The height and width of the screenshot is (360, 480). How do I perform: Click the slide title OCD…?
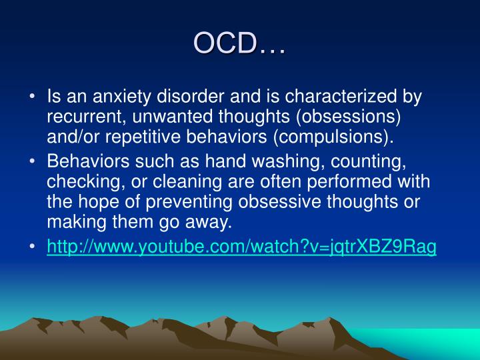coord(239,43)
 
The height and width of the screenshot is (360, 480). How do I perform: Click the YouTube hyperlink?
coord(241,247)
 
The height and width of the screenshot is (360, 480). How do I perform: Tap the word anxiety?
coord(122,97)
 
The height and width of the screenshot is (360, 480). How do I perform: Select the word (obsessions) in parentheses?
coord(349,117)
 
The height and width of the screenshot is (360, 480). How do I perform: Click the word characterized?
coord(341,96)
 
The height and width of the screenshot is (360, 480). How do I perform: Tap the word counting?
coord(369,162)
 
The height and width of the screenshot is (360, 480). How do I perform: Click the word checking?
coord(86,182)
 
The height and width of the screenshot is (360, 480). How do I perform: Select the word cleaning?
coord(187,182)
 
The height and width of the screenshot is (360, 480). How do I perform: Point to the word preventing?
coord(189,203)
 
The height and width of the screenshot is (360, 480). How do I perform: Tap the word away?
coord(209,223)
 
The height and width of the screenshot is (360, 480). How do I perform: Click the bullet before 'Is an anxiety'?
coord(32,97)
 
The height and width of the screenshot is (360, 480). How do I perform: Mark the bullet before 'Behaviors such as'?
coord(32,161)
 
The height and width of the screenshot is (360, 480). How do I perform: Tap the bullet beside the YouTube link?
coord(32,246)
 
